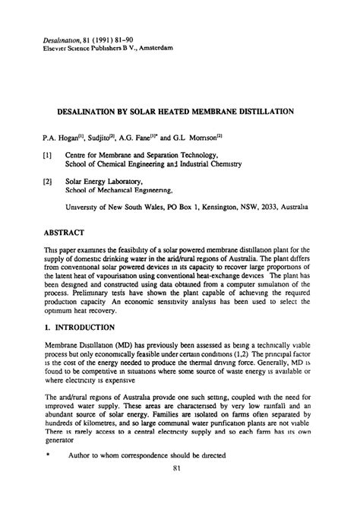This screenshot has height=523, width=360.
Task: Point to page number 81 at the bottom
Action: tap(180, 499)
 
